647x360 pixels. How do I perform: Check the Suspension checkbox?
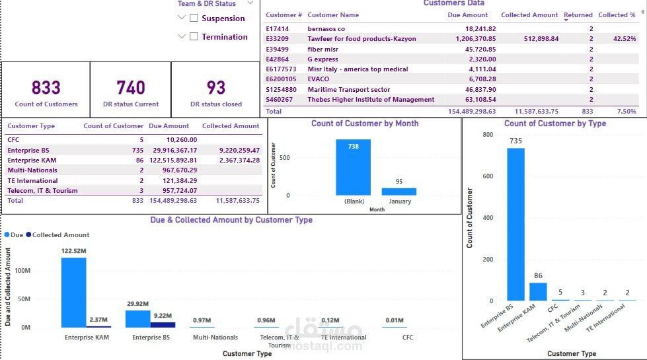point(194,18)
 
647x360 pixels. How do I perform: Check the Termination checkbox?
point(194,37)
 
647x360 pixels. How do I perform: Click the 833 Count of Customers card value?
point(46,88)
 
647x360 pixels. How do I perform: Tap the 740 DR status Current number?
point(131,88)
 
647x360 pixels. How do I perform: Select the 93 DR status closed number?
point(216,88)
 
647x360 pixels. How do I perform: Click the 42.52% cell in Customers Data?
point(625,39)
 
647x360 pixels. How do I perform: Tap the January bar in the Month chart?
point(399,192)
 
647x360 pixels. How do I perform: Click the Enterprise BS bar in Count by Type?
point(515,225)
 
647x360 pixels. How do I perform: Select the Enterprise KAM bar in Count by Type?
point(538,291)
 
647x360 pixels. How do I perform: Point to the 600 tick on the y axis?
point(488,176)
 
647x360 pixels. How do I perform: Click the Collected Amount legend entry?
point(60,234)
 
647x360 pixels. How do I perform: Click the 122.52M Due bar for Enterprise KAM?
point(74,292)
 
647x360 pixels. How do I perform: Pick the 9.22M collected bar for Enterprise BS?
point(163,324)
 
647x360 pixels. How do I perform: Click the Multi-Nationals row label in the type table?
point(32,170)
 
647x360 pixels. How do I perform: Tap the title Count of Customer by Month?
point(365,124)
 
